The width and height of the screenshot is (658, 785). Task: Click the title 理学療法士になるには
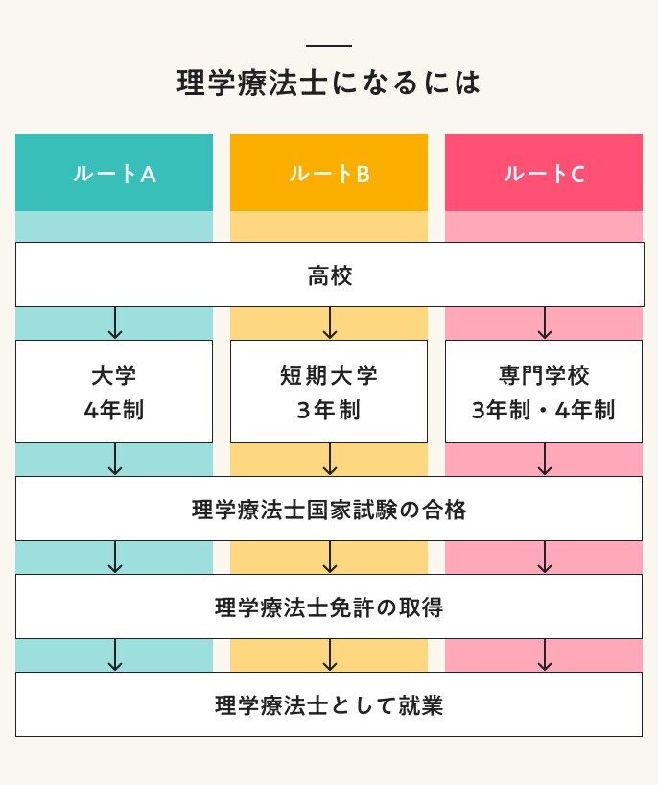click(329, 83)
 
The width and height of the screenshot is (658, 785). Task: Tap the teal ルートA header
click(114, 174)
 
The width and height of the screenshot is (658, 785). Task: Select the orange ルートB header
click(329, 174)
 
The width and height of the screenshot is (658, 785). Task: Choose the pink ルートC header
click(544, 174)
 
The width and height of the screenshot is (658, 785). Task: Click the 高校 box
click(329, 275)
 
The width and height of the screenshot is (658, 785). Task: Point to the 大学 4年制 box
click(114, 392)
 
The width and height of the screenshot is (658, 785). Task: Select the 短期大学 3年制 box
click(329, 392)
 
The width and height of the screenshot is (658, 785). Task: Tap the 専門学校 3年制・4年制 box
click(544, 392)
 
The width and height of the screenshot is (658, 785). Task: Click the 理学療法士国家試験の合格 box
click(329, 510)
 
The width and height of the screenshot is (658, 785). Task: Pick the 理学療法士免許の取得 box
click(329, 607)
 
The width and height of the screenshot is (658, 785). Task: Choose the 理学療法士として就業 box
click(329, 705)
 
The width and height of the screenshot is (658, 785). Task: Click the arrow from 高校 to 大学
click(115, 323)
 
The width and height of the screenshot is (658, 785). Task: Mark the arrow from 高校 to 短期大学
click(330, 323)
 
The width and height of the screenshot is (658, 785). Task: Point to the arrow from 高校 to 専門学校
click(545, 323)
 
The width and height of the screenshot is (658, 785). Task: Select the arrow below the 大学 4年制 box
click(115, 460)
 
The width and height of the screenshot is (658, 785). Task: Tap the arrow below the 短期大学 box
click(330, 460)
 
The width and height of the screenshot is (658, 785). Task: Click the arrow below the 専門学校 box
click(545, 460)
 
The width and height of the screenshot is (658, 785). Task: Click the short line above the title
click(329, 46)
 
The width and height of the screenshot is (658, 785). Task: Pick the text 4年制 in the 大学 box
click(114, 411)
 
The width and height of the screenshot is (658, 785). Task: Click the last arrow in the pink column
click(545, 655)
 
